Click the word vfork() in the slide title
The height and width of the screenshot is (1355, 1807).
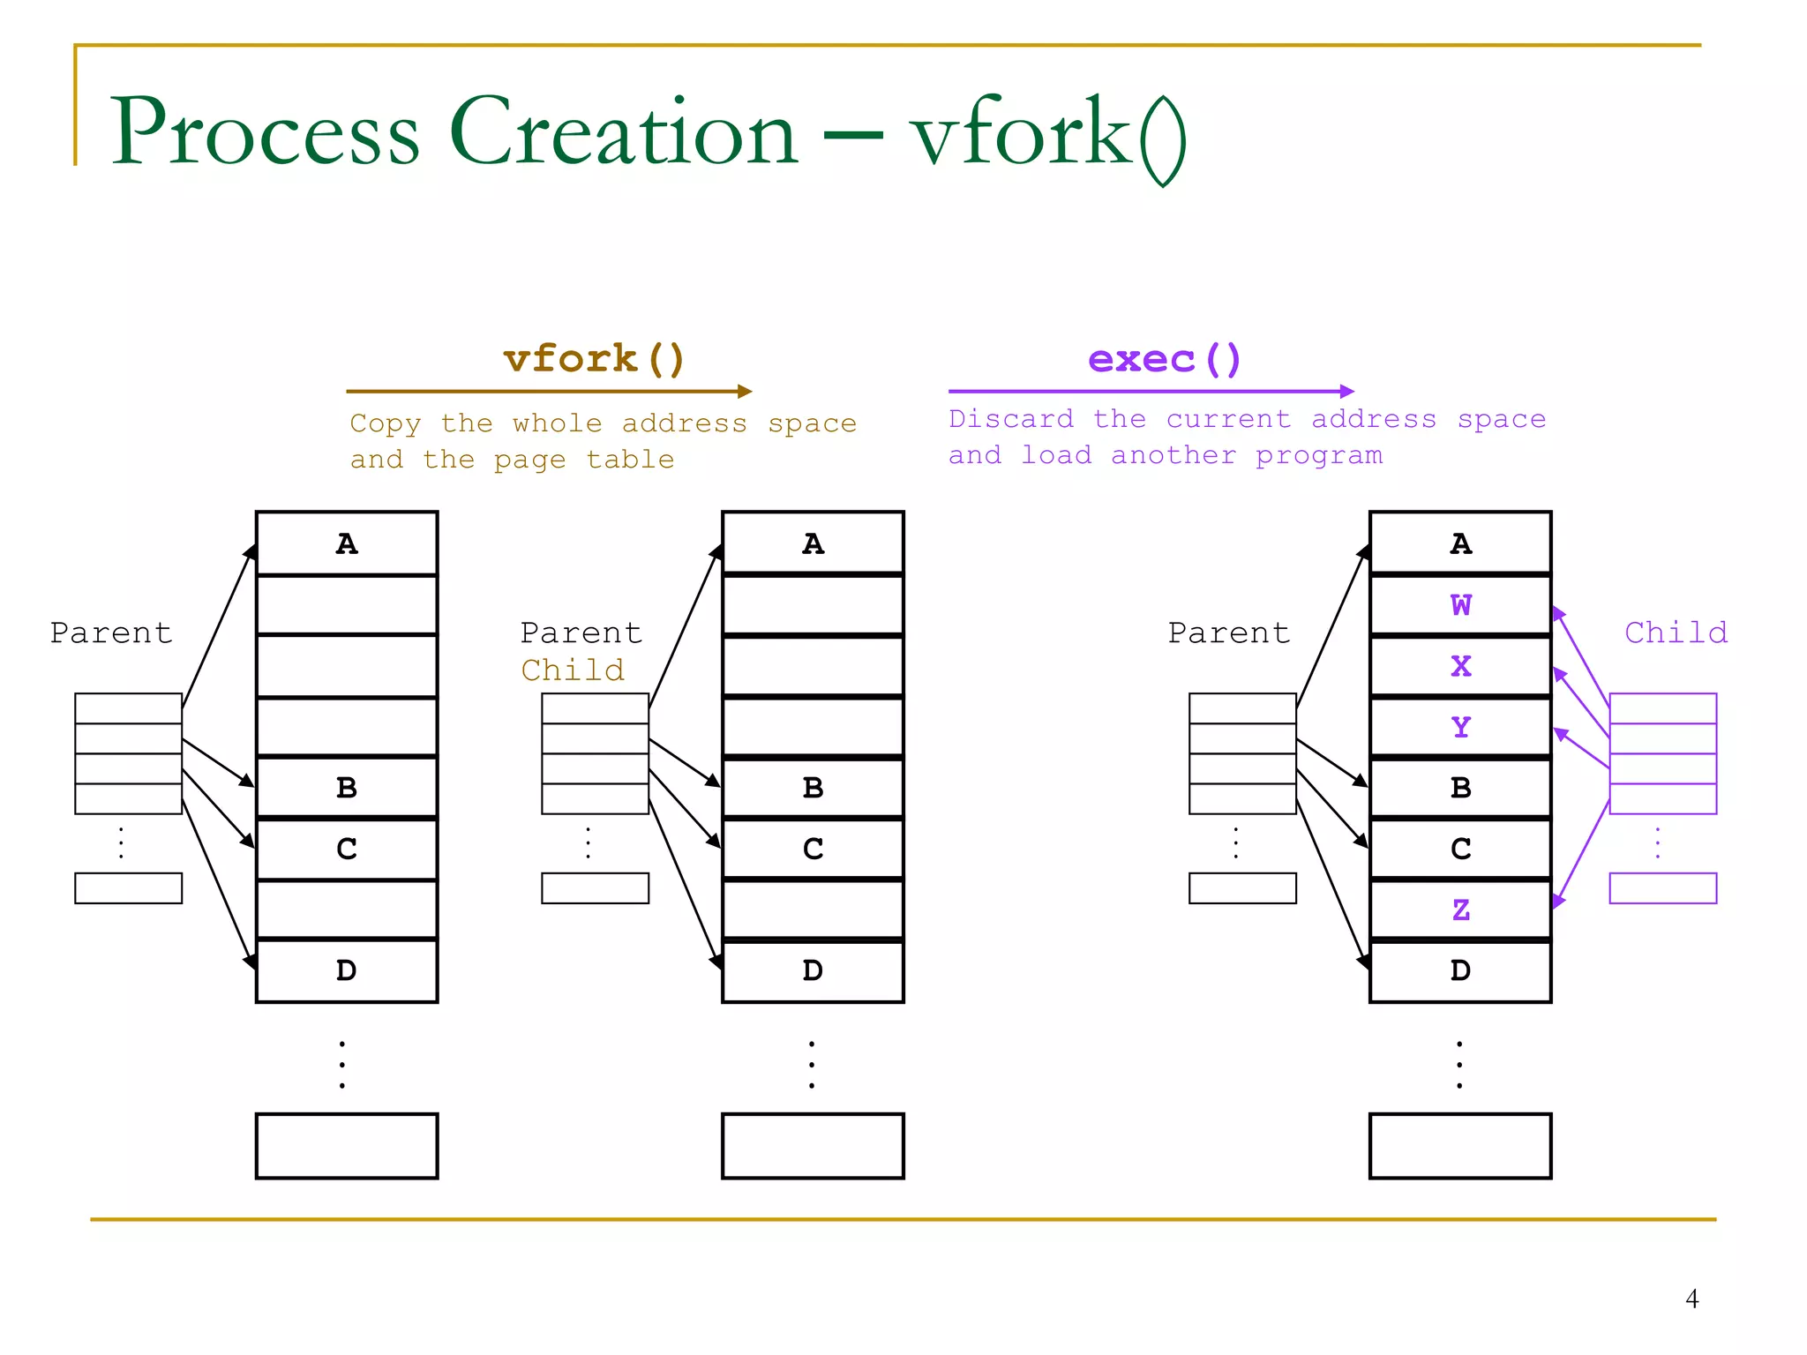click(1048, 134)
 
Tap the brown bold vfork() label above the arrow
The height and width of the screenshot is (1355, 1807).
click(594, 359)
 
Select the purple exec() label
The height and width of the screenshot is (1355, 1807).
click(1164, 359)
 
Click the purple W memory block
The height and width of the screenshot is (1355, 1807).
click(1460, 605)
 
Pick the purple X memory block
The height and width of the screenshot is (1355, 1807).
click(1460, 666)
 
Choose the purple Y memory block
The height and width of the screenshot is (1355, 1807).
click(1460, 727)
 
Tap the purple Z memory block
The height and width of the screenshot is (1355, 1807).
click(1460, 910)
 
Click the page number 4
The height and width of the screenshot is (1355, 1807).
click(1691, 1299)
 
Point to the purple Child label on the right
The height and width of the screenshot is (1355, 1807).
click(1676, 633)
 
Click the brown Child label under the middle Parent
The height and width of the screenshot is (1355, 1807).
click(573, 670)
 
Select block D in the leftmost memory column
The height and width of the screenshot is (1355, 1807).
click(347, 970)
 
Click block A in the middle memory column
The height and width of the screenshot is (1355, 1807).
click(813, 543)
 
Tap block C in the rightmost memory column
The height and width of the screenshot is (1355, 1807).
click(1460, 849)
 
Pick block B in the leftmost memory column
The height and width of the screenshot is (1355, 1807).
click(347, 787)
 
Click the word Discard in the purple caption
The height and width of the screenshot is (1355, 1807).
click(1011, 418)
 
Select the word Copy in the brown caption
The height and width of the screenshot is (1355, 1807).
click(386, 423)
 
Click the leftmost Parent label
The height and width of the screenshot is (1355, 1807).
click(111, 633)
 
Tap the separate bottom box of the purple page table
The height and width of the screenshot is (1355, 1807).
click(1662, 887)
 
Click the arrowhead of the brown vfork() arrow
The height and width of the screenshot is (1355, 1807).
click(746, 391)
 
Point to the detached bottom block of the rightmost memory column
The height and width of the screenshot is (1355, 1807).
click(1460, 1145)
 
